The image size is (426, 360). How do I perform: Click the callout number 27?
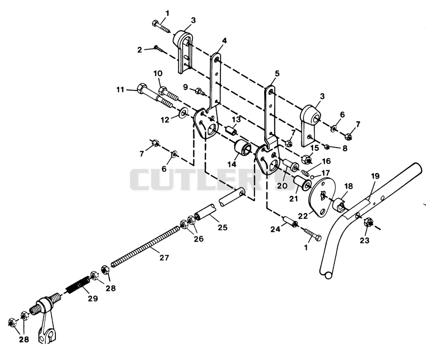point(164,257)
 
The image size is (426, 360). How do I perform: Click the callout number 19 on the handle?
point(375,176)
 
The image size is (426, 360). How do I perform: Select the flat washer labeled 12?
point(183,112)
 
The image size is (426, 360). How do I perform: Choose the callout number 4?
point(224,40)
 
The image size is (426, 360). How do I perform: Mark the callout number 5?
point(277,73)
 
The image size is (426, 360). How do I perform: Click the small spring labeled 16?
point(306,173)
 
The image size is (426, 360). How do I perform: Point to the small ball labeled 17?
point(313,177)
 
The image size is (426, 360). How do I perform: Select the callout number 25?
point(223,227)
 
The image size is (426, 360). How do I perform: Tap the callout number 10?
point(158,73)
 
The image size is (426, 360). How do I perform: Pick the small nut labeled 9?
point(200,91)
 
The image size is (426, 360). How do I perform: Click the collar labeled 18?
point(339,204)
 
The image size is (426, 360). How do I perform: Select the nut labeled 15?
point(307,159)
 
